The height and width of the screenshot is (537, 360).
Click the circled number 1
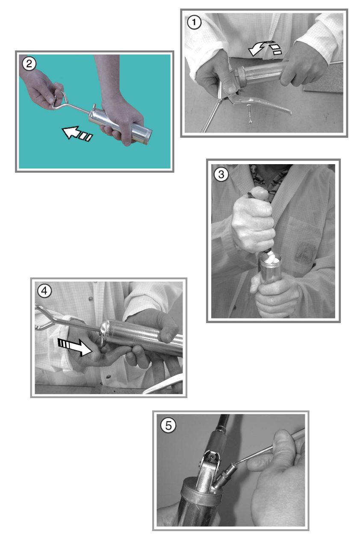(x=194, y=23)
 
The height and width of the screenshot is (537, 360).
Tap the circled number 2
(x=29, y=64)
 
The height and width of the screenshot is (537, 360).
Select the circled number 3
(x=221, y=174)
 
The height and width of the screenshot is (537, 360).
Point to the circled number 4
(x=44, y=291)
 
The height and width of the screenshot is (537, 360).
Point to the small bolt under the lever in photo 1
(x=249, y=114)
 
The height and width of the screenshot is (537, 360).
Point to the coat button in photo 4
(x=90, y=298)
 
